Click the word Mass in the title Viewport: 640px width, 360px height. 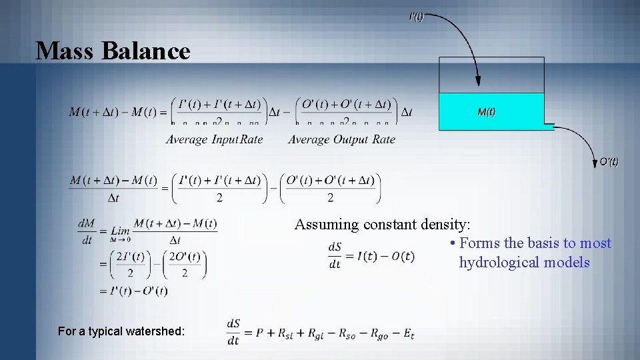pyautogui.click(x=65, y=51)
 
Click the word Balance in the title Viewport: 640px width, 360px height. pyautogui.click(x=146, y=51)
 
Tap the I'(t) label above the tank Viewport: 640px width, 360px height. pyautogui.click(x=415, y=17)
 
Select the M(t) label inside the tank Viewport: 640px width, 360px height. pyautogui.click(x=487, y=112)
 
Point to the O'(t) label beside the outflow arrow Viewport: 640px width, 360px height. pyautogui.click(x=609, y=161)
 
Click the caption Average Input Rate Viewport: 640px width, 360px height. pyautogui.click(x=214, y=139)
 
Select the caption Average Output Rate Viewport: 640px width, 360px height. pyautogui.click(x=341, y=139)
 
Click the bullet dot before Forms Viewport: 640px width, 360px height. pyautogui.click(x=453, y=243)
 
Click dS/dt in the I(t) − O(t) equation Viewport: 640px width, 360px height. pyautogui.click(x=335, y=255)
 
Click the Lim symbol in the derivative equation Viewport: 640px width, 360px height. pyautogui.click(x=120, y=231)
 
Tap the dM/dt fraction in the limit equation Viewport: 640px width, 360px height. pyautogui.click(x=87, y=231)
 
